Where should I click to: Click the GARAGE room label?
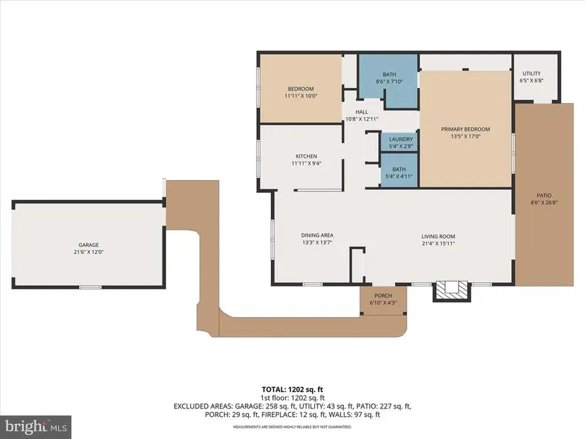pos(89,245)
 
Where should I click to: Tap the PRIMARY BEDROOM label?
pos(465,129)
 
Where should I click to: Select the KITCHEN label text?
pos(306,156)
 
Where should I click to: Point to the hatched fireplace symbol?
pos(452,291)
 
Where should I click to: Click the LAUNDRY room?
pos(399,143)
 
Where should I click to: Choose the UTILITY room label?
pos(531,74)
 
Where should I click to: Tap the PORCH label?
pos(383,296)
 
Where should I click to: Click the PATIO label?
pos(544,195)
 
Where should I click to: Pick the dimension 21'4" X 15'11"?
pos(438,243)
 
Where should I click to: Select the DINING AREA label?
pos(317,235)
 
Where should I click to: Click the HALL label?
pos(362,112)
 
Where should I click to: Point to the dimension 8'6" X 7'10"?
pos(389,82)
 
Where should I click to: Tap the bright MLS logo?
pos(36,427)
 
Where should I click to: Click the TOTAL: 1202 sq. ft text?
pos(292,390)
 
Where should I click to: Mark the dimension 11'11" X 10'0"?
pos(301,96)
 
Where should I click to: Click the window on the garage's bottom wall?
pos(91,287)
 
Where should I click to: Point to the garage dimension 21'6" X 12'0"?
pos(89,252)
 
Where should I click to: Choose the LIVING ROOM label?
pos(438,236)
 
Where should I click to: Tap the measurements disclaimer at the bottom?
pos(292,427)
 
